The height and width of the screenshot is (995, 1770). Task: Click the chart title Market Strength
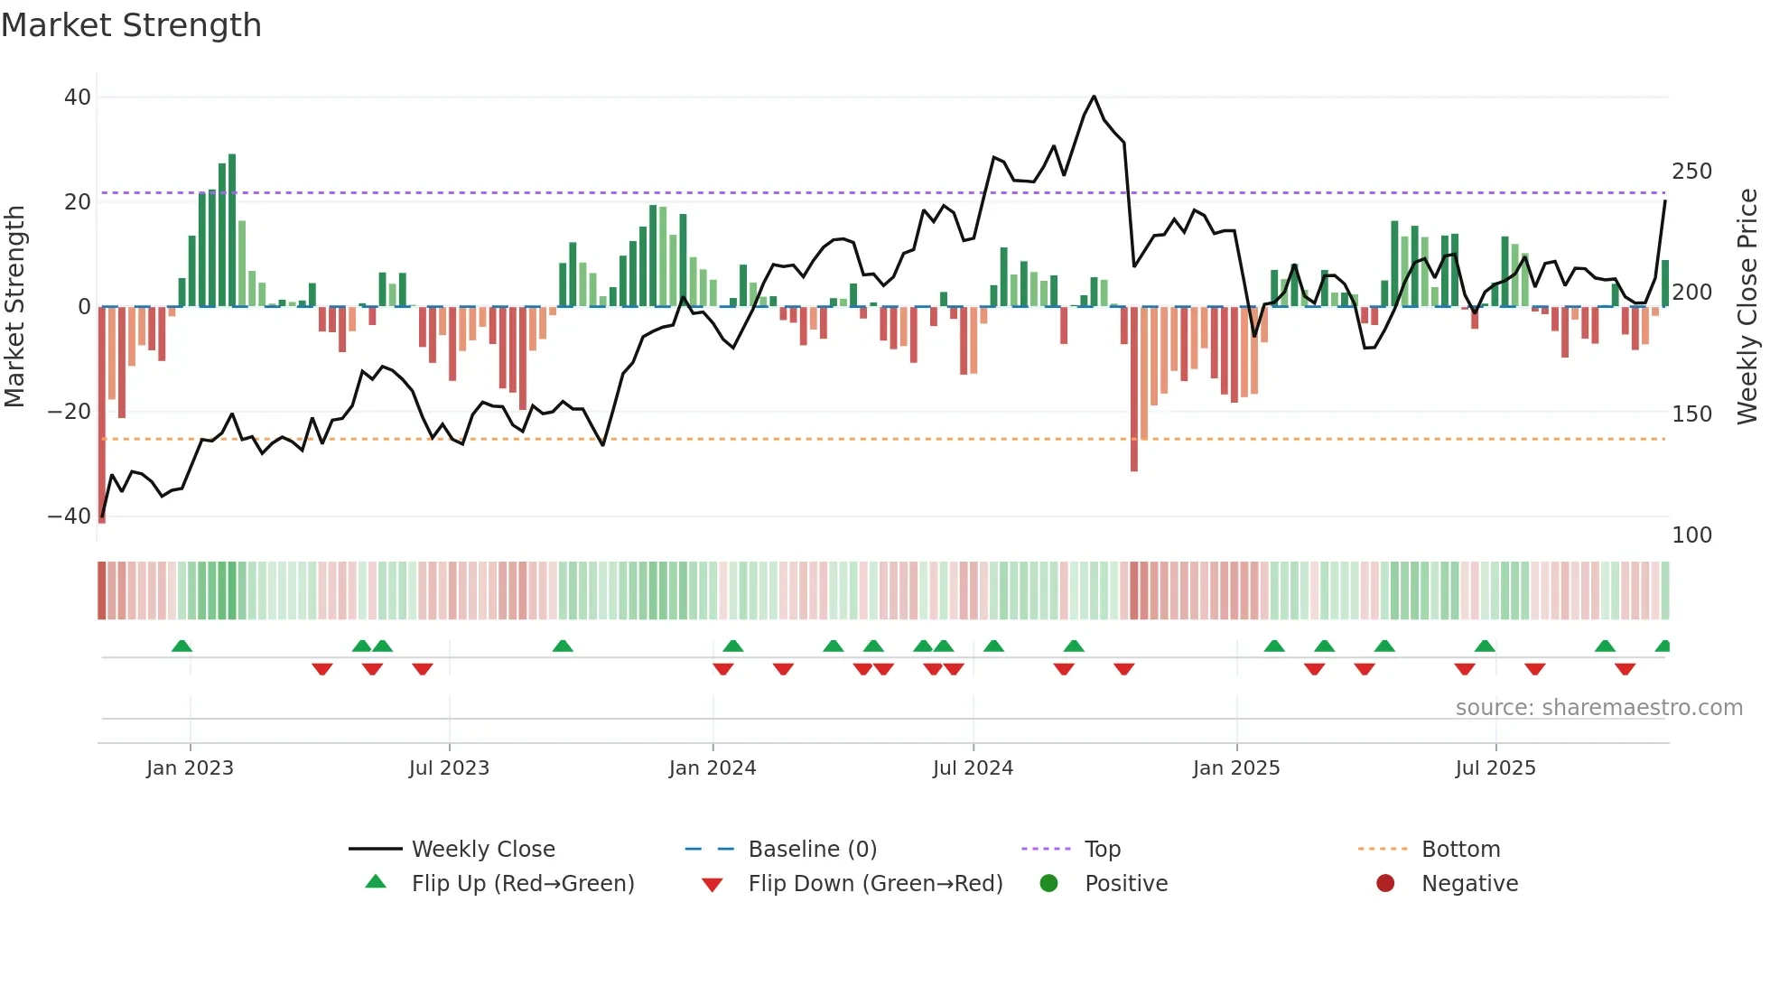(131, 25)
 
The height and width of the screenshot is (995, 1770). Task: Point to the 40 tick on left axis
(78, 98)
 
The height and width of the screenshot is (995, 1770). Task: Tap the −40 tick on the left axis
(70, 516)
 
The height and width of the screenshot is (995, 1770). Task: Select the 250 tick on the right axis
(1691, 172)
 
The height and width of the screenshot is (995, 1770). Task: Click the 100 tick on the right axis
(1691, 535)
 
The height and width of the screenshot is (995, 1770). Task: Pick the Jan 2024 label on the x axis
(712, 768)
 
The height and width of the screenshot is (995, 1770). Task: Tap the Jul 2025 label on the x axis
(1495, 768)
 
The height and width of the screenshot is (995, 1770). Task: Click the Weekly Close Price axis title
(1747, 307)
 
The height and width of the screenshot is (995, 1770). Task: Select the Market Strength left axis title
(14, 307)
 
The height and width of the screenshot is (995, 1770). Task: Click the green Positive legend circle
(1048, 884)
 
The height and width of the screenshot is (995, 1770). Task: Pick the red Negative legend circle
(1384, 884)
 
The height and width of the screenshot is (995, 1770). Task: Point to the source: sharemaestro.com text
(1598, 708)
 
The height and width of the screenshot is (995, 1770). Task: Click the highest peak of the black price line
(1094, 97)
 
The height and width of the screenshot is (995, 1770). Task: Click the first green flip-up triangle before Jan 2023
(182, 646)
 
